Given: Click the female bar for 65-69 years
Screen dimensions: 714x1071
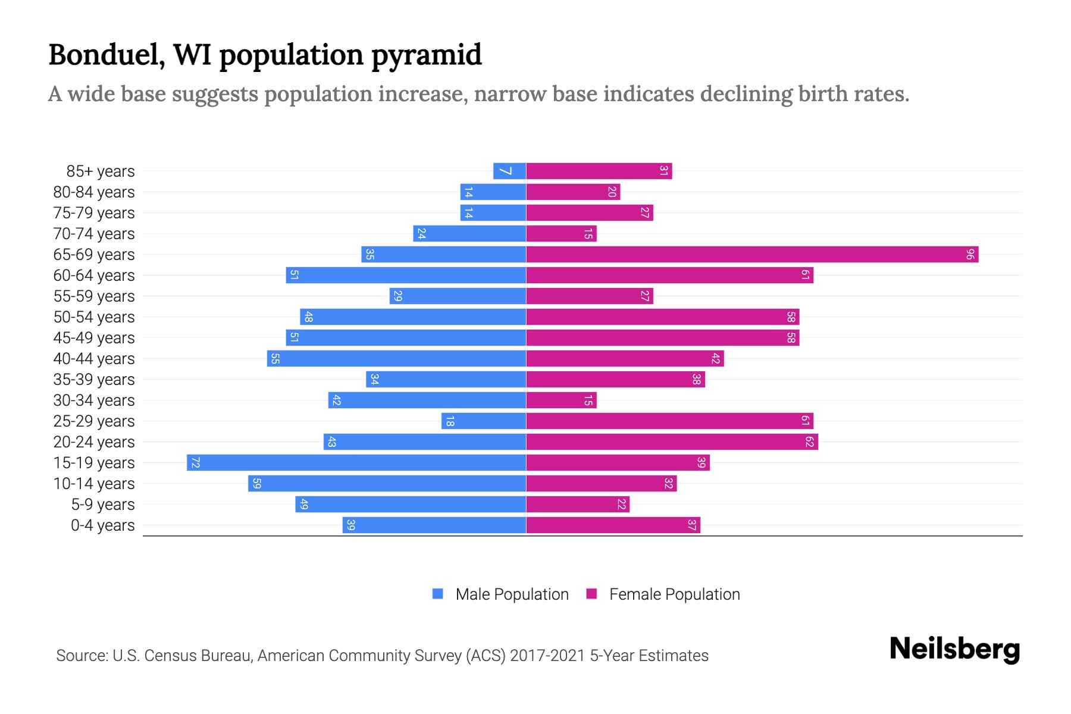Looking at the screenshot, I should pyautogui.click(x=752, y=255).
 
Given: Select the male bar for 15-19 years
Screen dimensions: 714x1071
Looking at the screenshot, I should pyautogui.click(x=357, y=463).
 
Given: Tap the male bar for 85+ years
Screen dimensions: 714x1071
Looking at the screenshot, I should pyautogui.click(x=510, y=171).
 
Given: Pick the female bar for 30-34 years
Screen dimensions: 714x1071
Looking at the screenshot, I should pyautogui.click(x=561, y=400).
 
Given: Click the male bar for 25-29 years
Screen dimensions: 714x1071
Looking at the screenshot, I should pyautogui.click(x=484, y=421).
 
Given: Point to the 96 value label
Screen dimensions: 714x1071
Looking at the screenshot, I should pyautogui.click(x=970, y=255).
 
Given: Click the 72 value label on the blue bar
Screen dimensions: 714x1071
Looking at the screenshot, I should pyautogui.click(x=195, y=463).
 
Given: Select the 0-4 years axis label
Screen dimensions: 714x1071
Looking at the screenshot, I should pyautogui.click(x=102, y=525).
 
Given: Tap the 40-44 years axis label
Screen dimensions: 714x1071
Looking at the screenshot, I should pyautogui.click(x=94, y=359).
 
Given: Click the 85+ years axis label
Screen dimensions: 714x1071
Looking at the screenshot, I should pyautogui.click(x=100, y=171).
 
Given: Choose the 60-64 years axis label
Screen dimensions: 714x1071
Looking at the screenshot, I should pyautogui.click(x=94, y=275).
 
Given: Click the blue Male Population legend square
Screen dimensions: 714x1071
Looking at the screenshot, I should pyautogui.click(x=438, y=594).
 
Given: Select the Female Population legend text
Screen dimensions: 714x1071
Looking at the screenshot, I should pyautogui.click(x=674, y=594).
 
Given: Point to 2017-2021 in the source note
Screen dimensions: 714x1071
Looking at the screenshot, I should pyautogui.click(x=547, y=656).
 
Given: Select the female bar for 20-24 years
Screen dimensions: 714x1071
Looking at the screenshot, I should pyautogui.click(x=672, y=442).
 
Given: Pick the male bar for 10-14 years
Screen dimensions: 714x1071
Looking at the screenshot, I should pyautogui.click(x=387, y=484).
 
